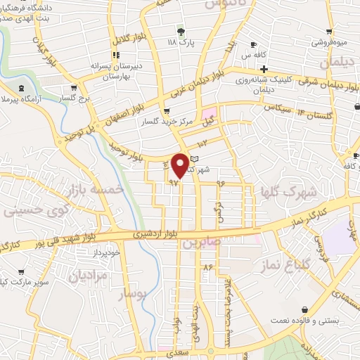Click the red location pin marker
181,165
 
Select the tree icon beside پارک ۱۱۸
181,32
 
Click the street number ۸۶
207,267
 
